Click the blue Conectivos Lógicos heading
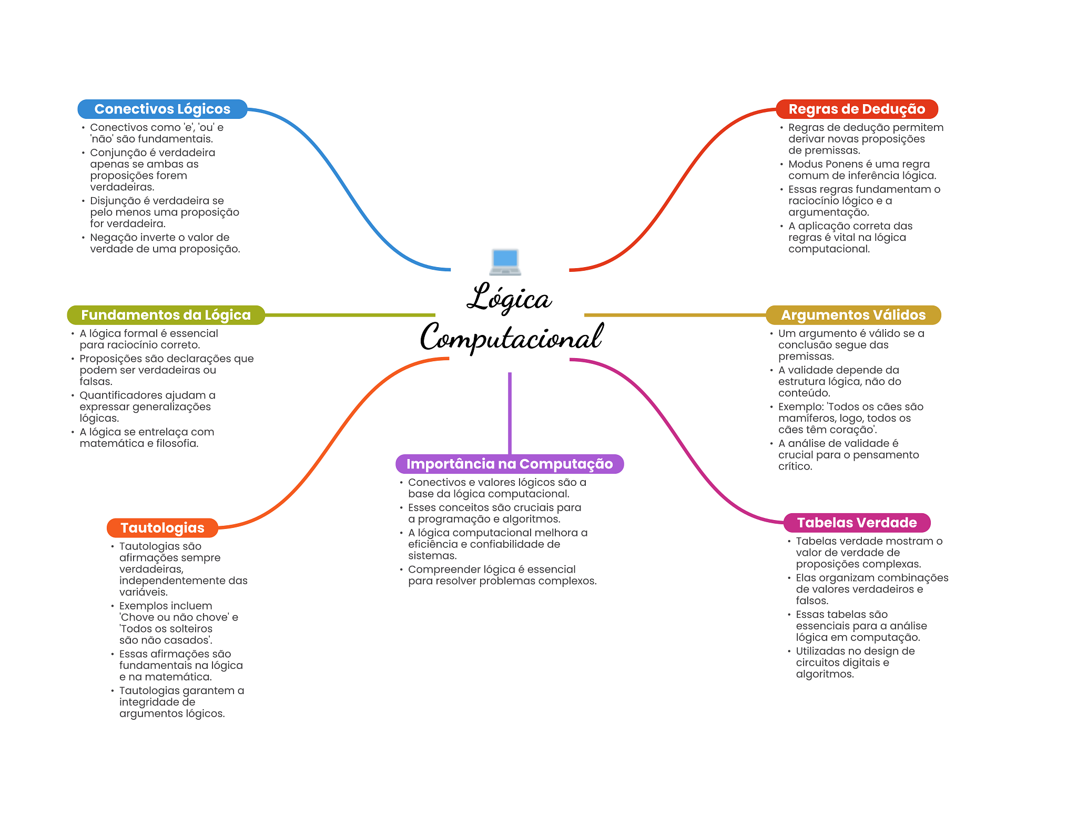click(162, 109)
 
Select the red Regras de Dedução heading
click(857, 109)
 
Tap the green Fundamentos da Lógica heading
click(166, 315)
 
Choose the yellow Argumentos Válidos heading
click(853, 315)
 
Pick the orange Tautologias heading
click(162, 528)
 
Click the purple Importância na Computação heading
click(509, 464)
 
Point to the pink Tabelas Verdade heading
click(857, 523)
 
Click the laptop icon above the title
click(505, 261)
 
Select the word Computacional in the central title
click(511, 338)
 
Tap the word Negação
click(111, 238)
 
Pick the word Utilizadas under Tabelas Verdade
click(820, 651)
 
